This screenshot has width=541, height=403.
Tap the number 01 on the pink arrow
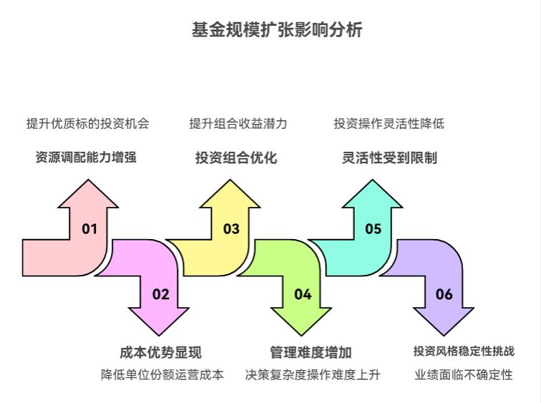(89, 229)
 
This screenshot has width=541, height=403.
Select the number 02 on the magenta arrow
(160, 294)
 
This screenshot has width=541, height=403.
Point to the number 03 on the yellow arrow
(230, 229)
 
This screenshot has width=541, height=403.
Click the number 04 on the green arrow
(303, 294)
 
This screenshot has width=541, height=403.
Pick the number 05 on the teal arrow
(373, 229)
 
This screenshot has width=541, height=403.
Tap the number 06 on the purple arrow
(444, 294)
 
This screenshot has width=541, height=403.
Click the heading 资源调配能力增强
(86, 157)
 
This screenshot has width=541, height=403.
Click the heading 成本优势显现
(160, 352)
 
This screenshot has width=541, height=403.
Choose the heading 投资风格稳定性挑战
(464, 351)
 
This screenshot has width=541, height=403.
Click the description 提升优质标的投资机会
(88, 123)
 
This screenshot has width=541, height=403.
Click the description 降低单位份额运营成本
(162, 374)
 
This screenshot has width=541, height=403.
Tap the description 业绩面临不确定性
(464, 374)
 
